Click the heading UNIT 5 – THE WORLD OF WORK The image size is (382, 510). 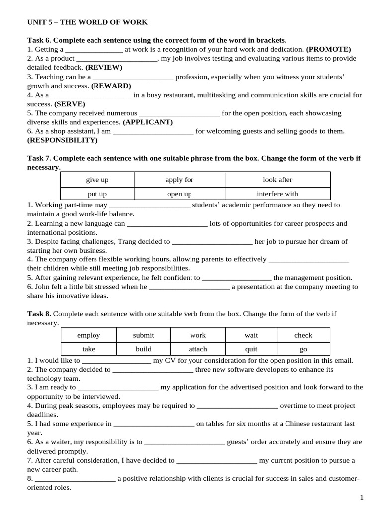pos(87,22)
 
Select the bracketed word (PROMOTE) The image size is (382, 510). pos(328,49)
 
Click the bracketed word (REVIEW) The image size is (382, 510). pos(103,67)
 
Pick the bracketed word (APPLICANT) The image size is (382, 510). pos(148,122)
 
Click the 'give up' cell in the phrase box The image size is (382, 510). pos(97,180)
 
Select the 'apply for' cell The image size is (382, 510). pos(179,180)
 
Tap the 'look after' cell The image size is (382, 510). pos(278,180)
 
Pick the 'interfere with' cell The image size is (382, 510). pos(278,194)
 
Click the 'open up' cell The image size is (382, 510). pos(179,194)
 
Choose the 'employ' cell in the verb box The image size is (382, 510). pos(89,335)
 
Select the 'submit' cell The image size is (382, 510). pos(143,335)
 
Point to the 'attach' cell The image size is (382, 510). pos(198,349)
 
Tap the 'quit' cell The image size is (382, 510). pos(251,349)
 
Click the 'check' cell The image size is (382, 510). pos(303,335)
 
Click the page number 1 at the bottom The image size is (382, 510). pos(362,497)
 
